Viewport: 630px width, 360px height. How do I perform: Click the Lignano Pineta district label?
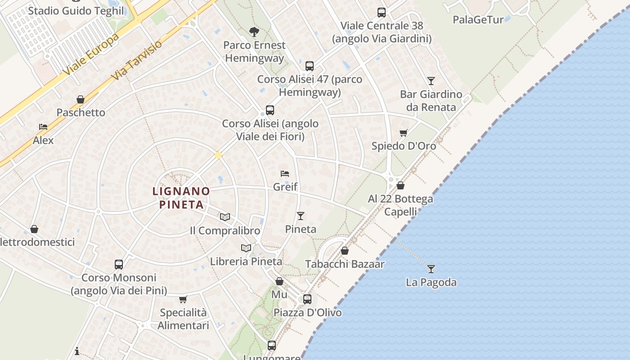pos(181,198)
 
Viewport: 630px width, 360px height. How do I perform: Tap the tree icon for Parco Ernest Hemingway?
pos(254,31)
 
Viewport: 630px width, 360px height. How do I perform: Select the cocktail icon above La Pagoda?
pos(431,269)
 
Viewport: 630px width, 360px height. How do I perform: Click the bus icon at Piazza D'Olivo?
pos(307,299)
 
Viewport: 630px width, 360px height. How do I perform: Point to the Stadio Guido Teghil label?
pos(76,10)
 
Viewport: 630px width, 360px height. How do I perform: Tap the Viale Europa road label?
pos(91,54)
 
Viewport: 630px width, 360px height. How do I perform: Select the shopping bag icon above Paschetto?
pos(81,99)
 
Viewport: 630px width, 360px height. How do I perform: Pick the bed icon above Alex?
pos(43,127)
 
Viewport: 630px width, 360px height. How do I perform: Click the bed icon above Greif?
pos(284,173)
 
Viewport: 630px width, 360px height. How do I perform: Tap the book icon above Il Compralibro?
pos(225,217)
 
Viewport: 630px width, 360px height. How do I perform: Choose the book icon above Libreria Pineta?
pos(246,248)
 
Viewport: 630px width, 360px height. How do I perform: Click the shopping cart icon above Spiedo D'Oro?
pos(404,133)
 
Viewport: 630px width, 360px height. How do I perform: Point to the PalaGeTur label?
pos(478,19)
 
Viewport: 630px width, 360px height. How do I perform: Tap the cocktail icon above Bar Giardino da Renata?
pos(431,81)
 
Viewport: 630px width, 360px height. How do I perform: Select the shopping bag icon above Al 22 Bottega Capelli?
pos(400,185)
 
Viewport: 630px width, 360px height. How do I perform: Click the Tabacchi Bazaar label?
pos(345,264)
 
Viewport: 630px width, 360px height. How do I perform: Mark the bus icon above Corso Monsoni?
pos(119,264)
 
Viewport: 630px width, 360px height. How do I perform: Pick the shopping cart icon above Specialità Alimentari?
pos(183,299)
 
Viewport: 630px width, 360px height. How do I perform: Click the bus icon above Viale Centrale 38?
pos(382,13)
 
